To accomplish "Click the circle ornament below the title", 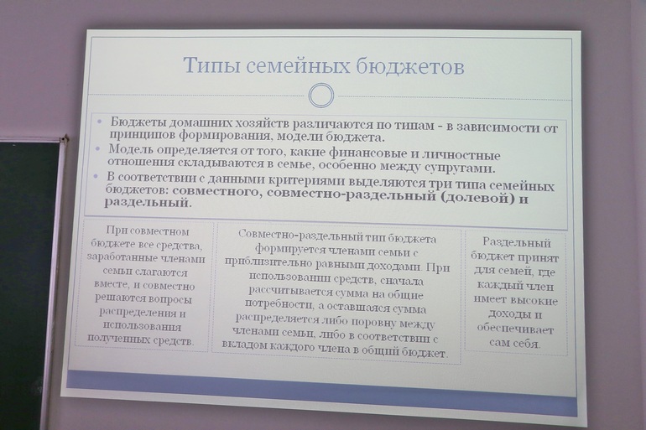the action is coord(321,96).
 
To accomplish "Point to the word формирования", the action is coord(223,135).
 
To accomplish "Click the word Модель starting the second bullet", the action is coord(130,149).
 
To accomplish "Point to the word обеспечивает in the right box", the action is coord(515,329).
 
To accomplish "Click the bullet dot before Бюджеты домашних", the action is coord(99,122).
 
